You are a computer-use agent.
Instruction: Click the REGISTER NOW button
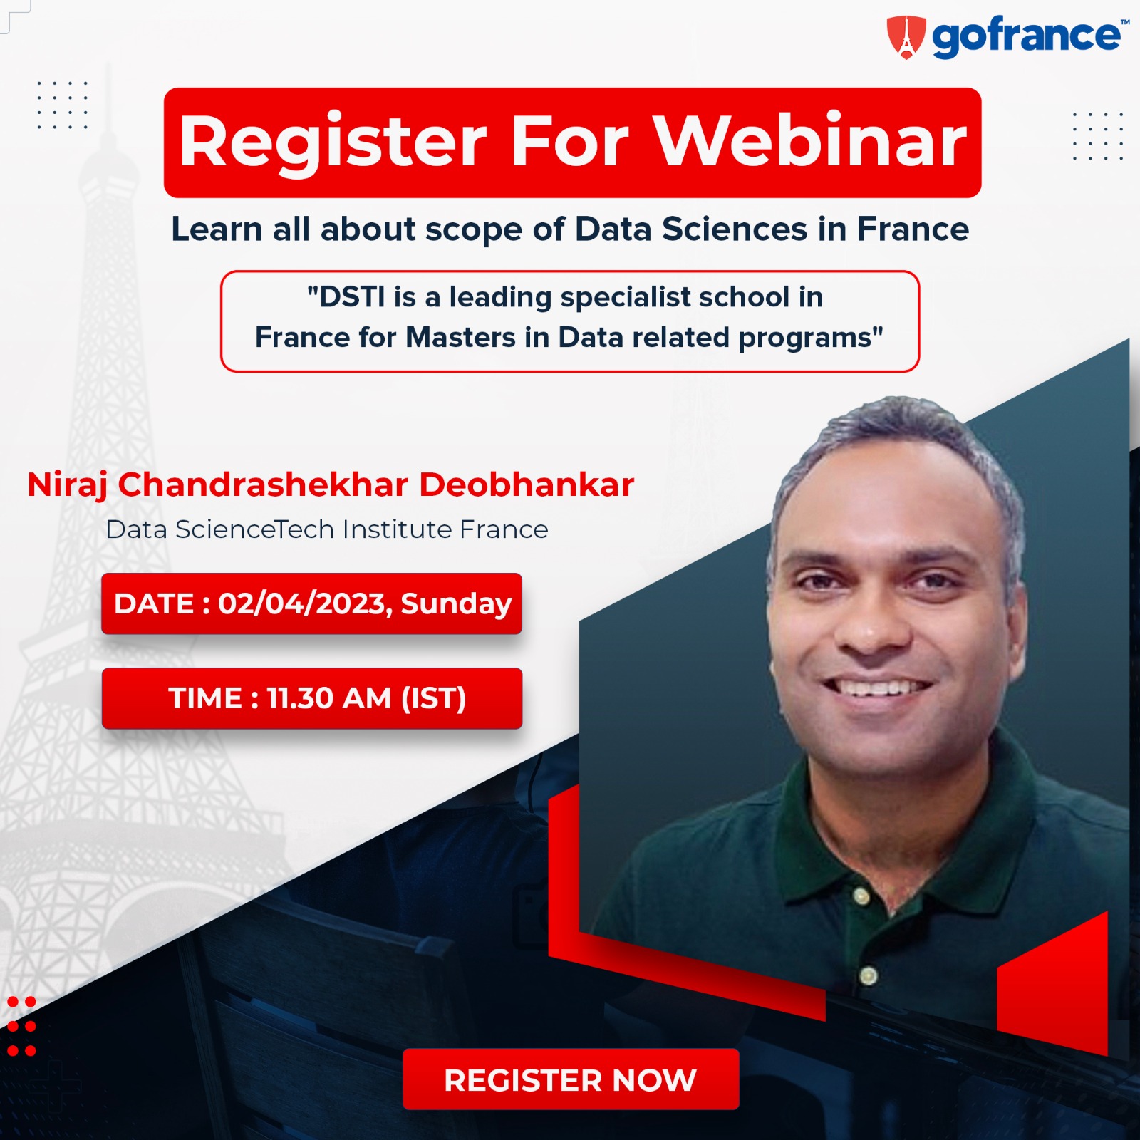point(571,1079)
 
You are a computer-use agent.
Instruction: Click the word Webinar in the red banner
point(811,141)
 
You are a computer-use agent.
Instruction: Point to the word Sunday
point(456,604)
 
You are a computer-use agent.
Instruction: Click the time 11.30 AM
point(329,698)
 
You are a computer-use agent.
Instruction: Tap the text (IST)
point(434,698)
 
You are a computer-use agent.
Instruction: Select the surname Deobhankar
point(527,484)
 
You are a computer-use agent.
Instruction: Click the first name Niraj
point(68,486)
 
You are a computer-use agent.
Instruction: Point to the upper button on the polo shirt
point(861,896)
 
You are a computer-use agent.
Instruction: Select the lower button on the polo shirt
point(868,975)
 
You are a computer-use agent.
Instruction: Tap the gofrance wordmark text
point(1026,37)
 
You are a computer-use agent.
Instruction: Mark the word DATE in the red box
point(154,603)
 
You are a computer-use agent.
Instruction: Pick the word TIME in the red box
point(205,698)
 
